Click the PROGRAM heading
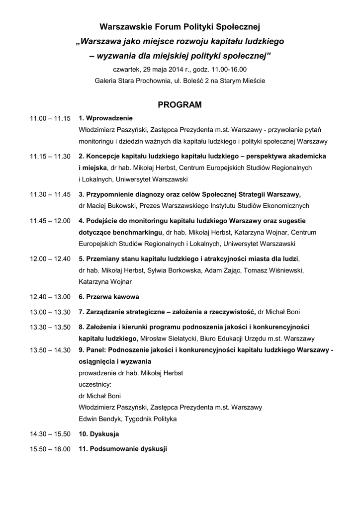(x=180, y=105)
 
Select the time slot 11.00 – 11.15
(x=50, y=119)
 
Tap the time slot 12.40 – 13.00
(x=50, y=297)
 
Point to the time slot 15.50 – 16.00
(x=50, y=449)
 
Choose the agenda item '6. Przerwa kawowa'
(x=109, y=297)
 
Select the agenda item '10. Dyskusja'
(x=99, y=434)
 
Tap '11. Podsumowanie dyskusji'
(x=123, y=449)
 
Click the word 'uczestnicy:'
(x=95, y=384)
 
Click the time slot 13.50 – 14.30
(x=50, y=350)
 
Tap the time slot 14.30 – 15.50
(x=50, y=434)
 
